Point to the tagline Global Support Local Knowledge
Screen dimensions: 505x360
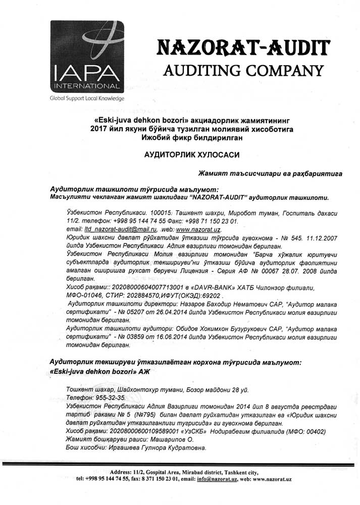87,98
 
